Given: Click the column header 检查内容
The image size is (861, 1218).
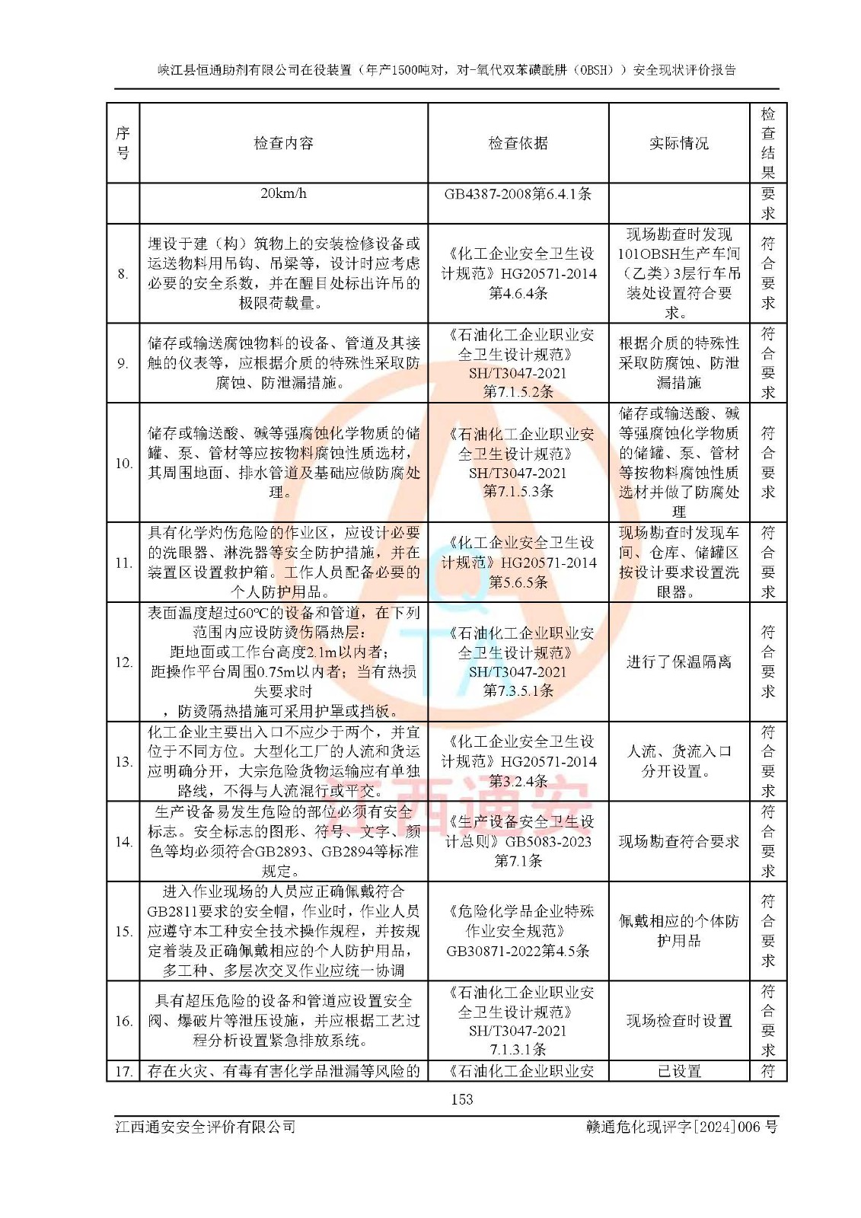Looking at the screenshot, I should [x=283, y=143].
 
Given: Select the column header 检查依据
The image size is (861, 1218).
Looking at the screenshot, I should [x=518, y=143].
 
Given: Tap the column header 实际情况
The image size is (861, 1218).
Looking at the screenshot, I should [x=678, y=143].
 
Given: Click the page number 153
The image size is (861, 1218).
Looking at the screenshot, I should [x=461, y=1099].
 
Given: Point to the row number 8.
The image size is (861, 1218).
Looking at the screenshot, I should [x=123, y=274].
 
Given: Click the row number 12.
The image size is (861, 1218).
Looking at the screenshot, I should [x=123, y=662].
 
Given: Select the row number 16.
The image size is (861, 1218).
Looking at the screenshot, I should [x=123, y=1021].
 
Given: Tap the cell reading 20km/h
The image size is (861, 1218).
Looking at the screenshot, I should [x=283, y=193].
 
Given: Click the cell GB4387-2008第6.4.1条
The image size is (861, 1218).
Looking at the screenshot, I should [x=518, y=194].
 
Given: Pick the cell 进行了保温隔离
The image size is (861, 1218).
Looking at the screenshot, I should [x=678, y=662].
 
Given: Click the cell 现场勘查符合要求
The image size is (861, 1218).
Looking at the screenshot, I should [x=678, y=841].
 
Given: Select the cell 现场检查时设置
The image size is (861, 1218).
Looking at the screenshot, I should [x=678, y=1021].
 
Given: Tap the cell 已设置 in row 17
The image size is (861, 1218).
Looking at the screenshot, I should [x=678, y=1071].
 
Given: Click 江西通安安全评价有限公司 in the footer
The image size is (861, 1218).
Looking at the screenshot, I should [x=206, y=1127].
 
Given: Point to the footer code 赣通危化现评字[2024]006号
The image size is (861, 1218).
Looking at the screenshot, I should [x=681, y=1127].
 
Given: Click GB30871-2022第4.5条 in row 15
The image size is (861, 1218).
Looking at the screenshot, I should [x=518, y=951].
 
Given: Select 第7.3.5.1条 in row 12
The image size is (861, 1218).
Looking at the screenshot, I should [x=518, y=690].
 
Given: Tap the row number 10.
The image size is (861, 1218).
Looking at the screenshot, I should [x=123, y=463].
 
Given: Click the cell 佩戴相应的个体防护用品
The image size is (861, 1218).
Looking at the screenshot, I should [x=678, y=931].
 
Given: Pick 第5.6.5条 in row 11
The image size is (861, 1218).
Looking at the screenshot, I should [x=518, y=582].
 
